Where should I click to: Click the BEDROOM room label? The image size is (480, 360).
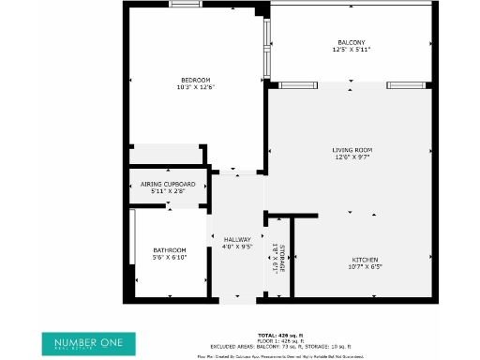[x=196, y=79]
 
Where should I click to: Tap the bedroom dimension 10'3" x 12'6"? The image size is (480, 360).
[x=196, y=87]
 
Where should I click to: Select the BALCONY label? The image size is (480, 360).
[x=352, y=41]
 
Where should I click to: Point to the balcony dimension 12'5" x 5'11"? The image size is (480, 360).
[x=352, y=49]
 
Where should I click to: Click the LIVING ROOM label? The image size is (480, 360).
[x=352, y=150]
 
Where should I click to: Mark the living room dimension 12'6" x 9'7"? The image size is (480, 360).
[x=352, y=157]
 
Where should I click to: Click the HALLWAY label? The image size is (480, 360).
[x=237, y=240]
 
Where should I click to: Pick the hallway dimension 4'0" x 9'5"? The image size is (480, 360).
[x=237, y=247]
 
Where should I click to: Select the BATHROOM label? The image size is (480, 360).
[x=170, y=249]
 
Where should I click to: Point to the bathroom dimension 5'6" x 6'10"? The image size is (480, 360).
[x=170, y=257]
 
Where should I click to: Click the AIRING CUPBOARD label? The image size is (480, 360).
[x=168, y=184]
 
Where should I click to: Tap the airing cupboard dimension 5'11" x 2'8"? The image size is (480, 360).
[x=168, y=191]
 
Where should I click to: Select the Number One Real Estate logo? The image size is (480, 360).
[x=94, y=342]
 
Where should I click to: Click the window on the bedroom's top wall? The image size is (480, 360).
[x=185, y=4]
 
